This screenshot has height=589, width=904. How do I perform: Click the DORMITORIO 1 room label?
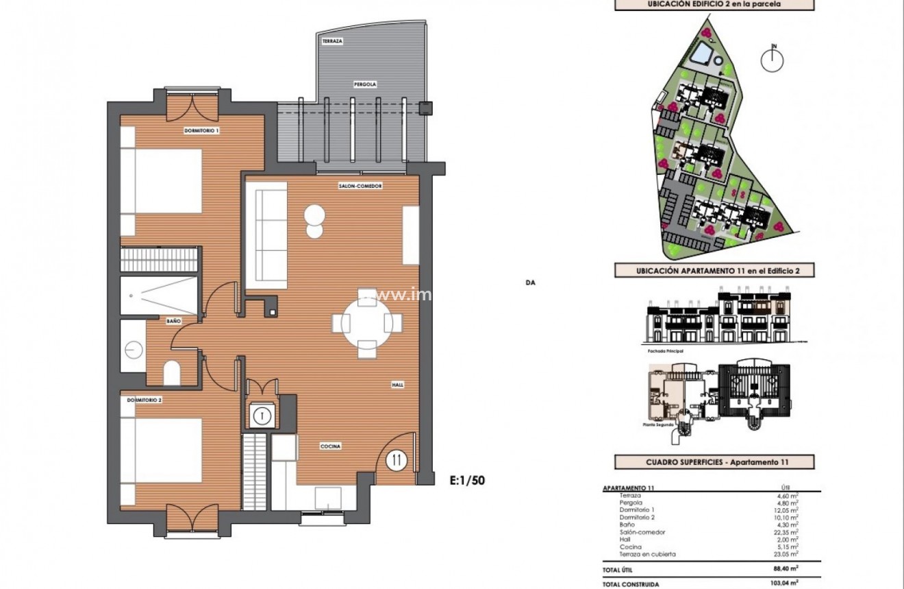coord(201,130)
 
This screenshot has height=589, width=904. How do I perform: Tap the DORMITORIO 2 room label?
coord(144,400)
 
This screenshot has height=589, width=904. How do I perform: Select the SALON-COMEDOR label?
coord(360,186)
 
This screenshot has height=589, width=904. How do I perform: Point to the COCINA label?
coord(331,446)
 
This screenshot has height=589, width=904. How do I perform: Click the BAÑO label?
coord(173,320)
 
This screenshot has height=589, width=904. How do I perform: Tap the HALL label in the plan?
coord(397,385)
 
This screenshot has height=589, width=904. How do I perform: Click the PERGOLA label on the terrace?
coord(365,84)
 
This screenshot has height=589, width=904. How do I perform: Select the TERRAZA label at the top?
coord(332,42)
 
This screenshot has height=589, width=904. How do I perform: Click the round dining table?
coord(367,322)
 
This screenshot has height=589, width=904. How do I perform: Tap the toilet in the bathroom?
coord(172,373)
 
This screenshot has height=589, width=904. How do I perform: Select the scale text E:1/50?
coord(467,481)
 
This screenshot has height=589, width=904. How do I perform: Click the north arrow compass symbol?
coord(775,60)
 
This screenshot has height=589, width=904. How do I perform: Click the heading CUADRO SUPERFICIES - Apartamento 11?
coord(715,462)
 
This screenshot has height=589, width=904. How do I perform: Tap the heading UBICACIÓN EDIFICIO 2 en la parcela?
coord(715,4)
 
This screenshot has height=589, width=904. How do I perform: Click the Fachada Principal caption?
coord(664,350)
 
